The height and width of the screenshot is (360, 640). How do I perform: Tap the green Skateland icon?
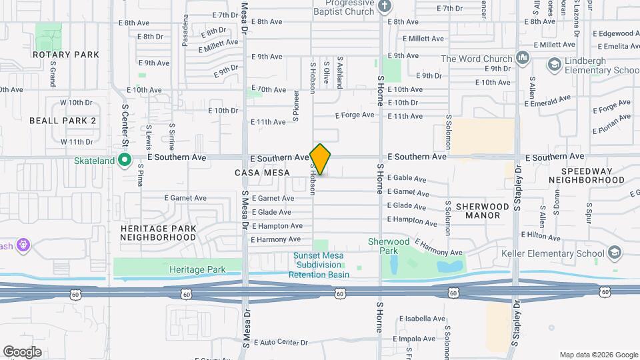tap(124, 160)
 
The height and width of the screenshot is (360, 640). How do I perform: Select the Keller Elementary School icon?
tap(614, 253)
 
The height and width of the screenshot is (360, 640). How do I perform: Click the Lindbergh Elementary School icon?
tap(553, 65)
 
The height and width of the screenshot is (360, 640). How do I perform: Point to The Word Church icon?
tap(522, 59)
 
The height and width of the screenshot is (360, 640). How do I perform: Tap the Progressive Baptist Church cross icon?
tap(383, 7)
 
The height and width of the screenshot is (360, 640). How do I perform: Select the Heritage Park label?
tap(197, 269)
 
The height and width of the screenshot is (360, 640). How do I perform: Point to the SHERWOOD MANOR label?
tap(478, 211)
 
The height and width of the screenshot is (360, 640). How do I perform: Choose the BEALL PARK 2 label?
tap(63, 121)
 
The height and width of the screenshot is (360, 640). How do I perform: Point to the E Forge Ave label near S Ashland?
tap(355, 115)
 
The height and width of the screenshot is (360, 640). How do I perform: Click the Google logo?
tap(22, 352)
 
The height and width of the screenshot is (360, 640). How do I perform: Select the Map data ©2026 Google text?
tap(598, 355)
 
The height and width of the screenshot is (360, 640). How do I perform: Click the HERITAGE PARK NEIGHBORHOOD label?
tap(159, 233)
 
